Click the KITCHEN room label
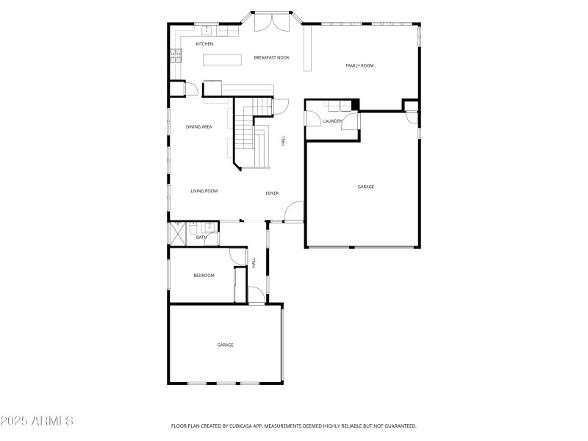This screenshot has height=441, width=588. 204,44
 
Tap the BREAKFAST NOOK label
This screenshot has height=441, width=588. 271,57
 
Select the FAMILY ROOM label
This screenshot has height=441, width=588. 359,66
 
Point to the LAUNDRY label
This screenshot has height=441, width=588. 332,121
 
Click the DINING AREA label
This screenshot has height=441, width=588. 198,127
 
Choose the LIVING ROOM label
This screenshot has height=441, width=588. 204,191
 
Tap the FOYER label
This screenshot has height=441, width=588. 272,193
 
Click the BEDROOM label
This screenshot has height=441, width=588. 204,276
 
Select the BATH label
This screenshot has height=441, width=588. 201,237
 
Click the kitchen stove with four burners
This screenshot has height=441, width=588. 176,54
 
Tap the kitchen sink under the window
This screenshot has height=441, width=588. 207,30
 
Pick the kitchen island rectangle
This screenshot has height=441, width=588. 222,60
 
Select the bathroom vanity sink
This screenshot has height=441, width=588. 209,228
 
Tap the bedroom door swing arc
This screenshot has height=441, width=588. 238,257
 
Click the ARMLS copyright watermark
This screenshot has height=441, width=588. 37,421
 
